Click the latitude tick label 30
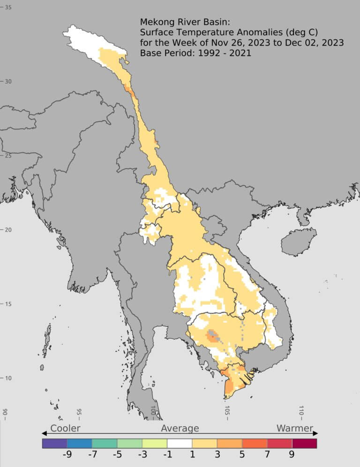pos(8,81)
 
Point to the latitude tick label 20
pos(8,230)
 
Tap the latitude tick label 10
pos(8,378)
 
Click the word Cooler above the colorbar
pos(65,428)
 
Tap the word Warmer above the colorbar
pos(294,428)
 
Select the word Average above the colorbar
pos(180,428)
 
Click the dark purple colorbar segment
pos(54,443)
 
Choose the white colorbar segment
pos(180,443)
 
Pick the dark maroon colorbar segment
pos(304,443)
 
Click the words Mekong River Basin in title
pos(183,22)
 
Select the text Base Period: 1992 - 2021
pos(195,53)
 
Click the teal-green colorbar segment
pos(105,443)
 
